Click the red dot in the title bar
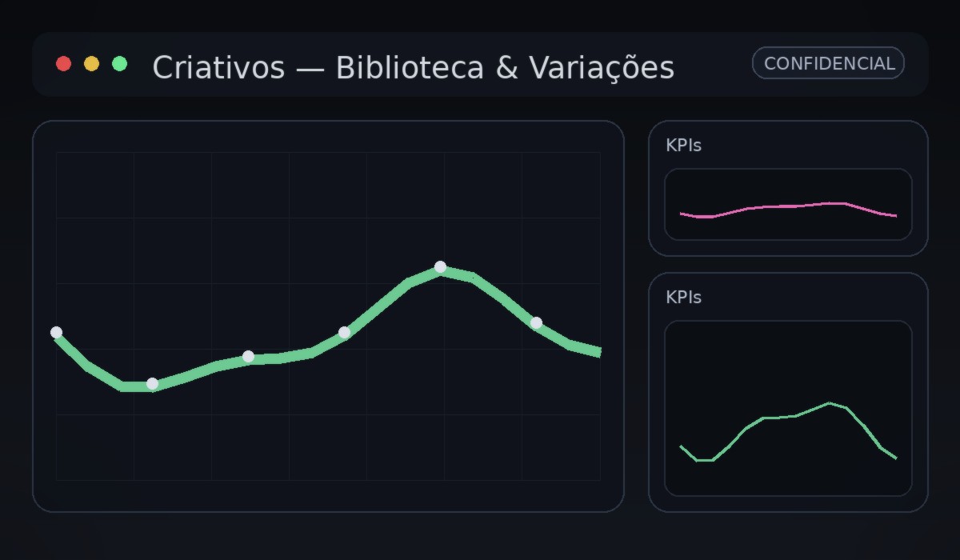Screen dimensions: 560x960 [x=64, y=64]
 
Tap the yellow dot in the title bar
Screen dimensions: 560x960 [x=92, y=64]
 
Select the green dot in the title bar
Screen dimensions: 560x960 [x=120, y=64]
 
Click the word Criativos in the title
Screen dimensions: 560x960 [x=218, y=68]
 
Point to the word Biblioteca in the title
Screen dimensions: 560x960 [x=410, y=68]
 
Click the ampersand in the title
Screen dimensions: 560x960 [x=506, y=68]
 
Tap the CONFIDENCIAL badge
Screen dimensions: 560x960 [x=828, y=63]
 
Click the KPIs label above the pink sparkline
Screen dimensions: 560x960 [x=683, y=146]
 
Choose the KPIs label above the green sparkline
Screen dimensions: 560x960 [x=683, y=298]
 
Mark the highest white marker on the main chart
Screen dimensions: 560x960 [x=440, y=267]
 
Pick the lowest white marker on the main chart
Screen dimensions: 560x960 [x=152, y=383]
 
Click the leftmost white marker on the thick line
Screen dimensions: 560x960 [x=56, y=332]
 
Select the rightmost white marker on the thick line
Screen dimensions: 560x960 [x=536, y=323]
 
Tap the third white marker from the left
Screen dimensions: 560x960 [x=248, y=356]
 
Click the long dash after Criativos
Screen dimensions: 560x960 [x=310, y=69]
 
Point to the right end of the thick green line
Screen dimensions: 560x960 [x=598, y=352]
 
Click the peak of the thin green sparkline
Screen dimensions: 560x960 [x=830, y=402]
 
